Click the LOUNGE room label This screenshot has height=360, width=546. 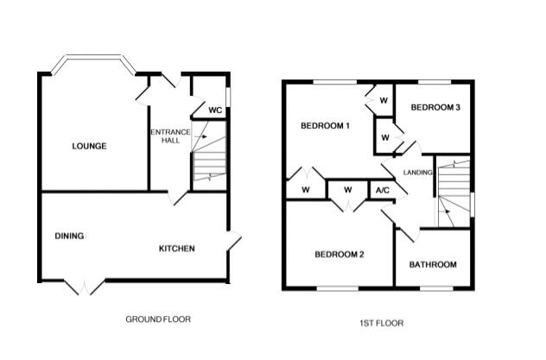point(89,146)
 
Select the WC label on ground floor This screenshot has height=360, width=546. point(216,111)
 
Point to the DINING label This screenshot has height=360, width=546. point(69,236)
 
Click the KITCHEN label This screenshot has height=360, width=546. point(176,249)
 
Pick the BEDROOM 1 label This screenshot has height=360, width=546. point(325,126)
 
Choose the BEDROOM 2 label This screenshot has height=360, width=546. point(339,254)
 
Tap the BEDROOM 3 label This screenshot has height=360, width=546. point(435,107)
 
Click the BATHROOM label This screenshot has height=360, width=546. point(433,264)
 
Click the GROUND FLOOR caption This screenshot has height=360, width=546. point(158,319)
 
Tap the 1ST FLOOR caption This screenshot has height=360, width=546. point(381,323)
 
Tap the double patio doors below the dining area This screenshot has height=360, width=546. point(84,285)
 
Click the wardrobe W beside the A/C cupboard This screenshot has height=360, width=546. point(347,190)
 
